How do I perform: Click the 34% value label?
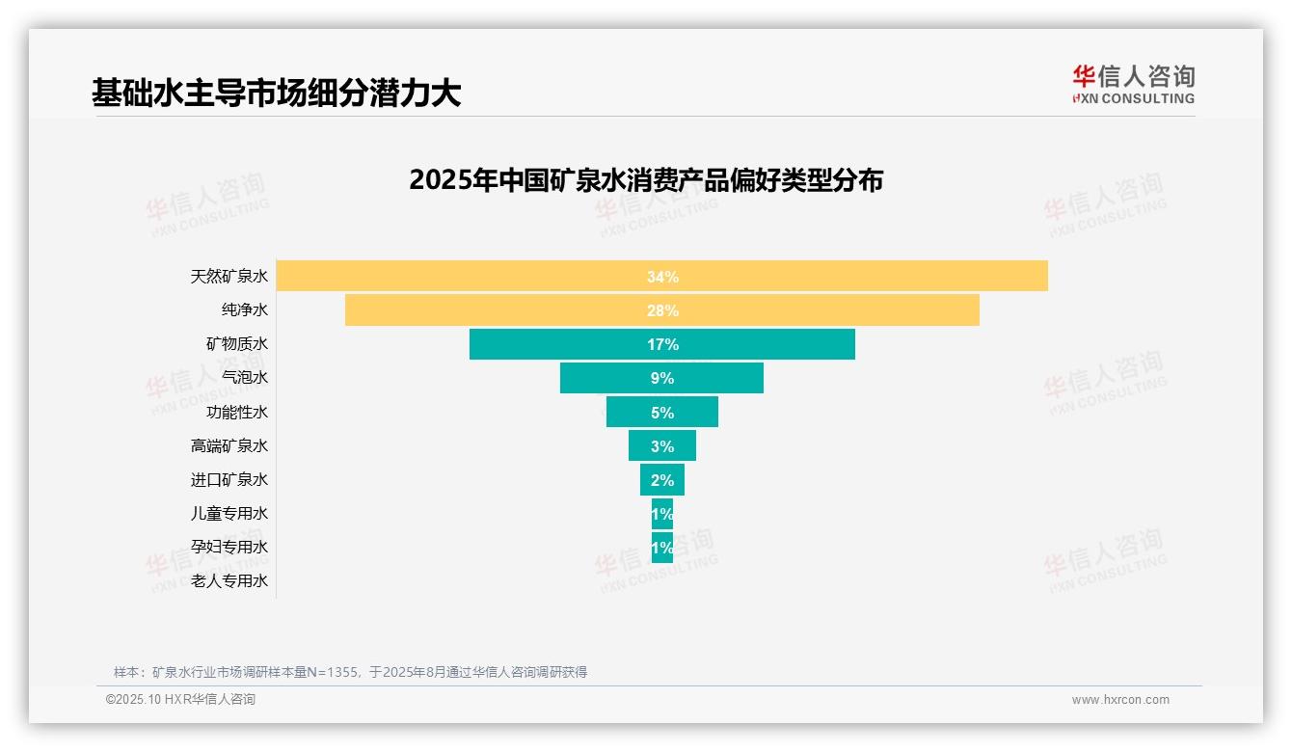pyautogui.click(x=662, y=277)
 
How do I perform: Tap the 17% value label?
pyautogui.click(x=662, y=344)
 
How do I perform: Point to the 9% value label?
pyautogui.click(x=662, y=378)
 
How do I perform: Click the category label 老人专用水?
pyautogui.click(x=229, y=580)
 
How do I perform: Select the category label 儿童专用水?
pyautogui.click(x=229, y=513)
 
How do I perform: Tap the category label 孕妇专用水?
pyautogui.click(x=229, y=547)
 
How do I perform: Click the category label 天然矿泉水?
pyautogui.click(x=229, y=277)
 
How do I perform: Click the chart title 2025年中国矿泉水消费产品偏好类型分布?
pyautogui.click(x=645, y=180)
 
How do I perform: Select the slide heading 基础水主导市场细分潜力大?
pyautogui.click(x=276, y=93)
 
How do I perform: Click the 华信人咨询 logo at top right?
pyautogui.click(x=1133, y=84)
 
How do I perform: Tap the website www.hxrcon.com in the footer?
pyautogui.click(x=1119, y=700)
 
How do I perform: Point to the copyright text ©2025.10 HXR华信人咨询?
pyautogui.click(x=180, y=700)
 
